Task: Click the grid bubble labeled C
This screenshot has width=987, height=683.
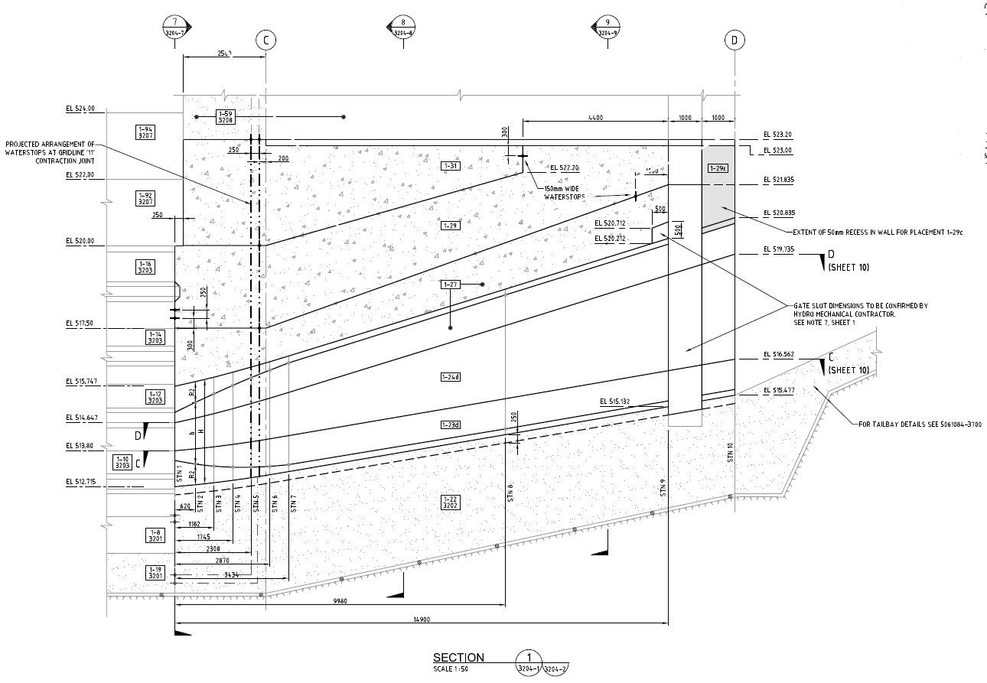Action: click(265, 41)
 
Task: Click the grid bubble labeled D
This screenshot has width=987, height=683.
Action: click(734, 41)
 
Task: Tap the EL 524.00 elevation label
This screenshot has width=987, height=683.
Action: click(80, 109)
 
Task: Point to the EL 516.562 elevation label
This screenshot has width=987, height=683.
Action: click(778, 355)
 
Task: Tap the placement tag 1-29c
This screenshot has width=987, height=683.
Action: click(718, 167)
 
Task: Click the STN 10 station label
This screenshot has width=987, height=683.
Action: click(730, 452)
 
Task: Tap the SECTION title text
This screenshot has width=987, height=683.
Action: click(458, 658)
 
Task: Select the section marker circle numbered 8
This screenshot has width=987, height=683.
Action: click(403, 28)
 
